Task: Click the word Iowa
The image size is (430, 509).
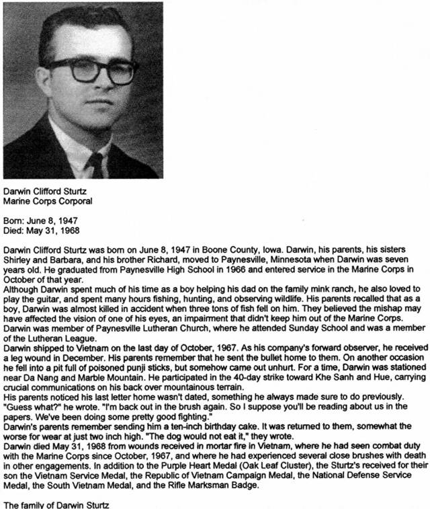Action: point(276,247)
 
